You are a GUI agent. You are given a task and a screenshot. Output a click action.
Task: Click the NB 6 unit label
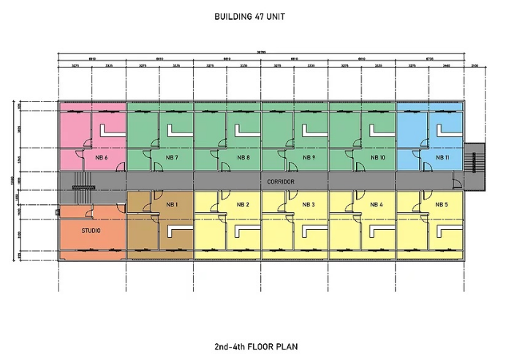tap(101, 158)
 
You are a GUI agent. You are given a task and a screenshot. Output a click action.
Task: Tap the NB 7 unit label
tap(172, 158)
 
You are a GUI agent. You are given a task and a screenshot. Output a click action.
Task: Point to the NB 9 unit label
tap(309, 158)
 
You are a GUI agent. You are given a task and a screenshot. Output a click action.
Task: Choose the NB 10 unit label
tap(377, 158)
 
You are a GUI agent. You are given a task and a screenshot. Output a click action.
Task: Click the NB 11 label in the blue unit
tap(443, 158)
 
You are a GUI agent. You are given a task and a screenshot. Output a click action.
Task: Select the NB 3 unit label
tap(309, 204)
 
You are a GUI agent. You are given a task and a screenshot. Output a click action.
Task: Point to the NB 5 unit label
tap(441, 204)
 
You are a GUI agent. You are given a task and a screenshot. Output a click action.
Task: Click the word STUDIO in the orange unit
tap(91, 231)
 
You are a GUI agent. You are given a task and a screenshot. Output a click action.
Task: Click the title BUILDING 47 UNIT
tap(256, 16)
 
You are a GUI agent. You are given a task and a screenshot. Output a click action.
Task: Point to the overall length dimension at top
tap(261, 52)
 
